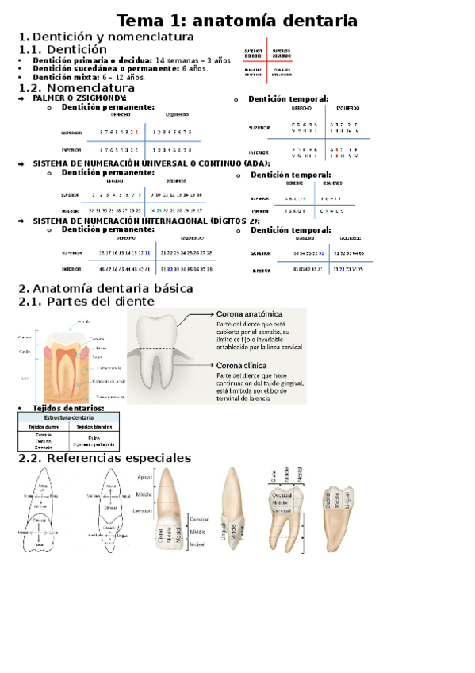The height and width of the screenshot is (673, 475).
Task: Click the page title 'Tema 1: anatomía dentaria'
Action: tap(237, 21)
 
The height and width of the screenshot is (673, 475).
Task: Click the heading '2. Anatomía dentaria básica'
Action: tap(105, 288)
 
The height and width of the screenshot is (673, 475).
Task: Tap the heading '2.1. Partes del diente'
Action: tap(86, 302)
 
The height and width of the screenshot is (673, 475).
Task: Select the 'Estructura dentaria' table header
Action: tap(68, 417)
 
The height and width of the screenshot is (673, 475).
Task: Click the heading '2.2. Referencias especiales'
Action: tap(105, 459)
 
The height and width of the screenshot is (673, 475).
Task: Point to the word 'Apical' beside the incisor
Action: tap(144, 478)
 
